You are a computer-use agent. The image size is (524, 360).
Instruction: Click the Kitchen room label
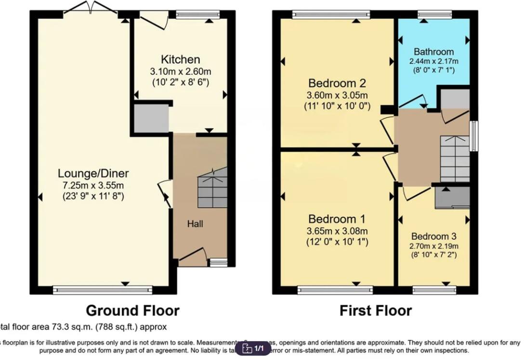pyautogui.click(x=180, y=60)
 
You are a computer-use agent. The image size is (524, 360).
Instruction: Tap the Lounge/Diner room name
pyautogui.click(x=93, y=173)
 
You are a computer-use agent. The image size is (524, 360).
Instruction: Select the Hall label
pyautogui.click(x=196, y=224)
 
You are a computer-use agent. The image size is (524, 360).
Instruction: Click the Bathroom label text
pyautogui.click(x=434, y=52)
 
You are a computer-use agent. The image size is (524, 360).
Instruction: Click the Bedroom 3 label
pyautogui.click(x=433, y=237)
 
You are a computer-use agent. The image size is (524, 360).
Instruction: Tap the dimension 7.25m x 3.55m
pyautogui.click(x=93, y=185)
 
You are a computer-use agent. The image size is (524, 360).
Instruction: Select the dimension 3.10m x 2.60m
pyautogui.click(x=180, y=71)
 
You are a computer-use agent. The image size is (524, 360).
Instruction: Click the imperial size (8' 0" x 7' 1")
pyautogui.click(x=434, y=70)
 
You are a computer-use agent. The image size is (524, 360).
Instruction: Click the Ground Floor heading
pyautogui.click(x=132, y=310)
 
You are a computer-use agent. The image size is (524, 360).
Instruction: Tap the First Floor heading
pyautogui.click(x=376, y=310)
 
